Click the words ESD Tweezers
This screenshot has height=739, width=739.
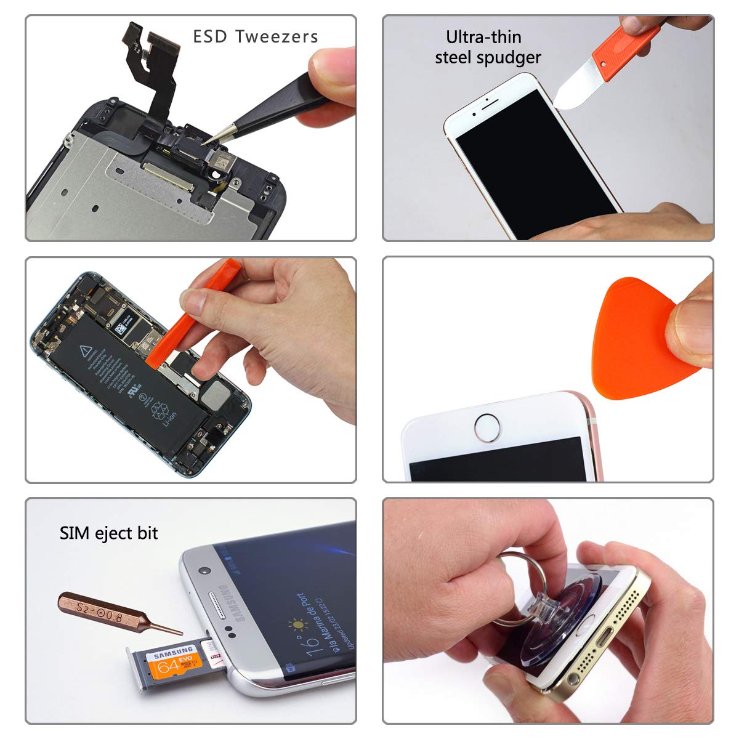click(256, 37)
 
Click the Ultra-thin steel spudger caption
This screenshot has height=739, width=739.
click(487, 47)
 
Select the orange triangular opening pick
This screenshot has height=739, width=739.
click(634, 342)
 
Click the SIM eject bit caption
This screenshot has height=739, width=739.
click(108, 533)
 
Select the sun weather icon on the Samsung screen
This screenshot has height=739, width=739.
click(300, 625)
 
